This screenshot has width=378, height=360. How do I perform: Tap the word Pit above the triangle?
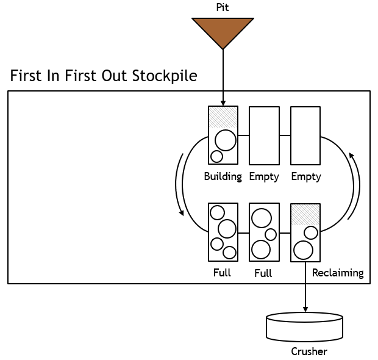pyautogui.click(x=223, y=7)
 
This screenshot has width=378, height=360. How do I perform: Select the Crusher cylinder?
pyautogui.click(x=305, y=328)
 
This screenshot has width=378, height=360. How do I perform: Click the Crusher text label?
pyautogui.click(x=309, y=351)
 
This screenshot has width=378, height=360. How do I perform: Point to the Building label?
pyautogui.click(x=223, y=177)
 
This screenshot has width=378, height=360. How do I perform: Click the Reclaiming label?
pyautogui.click(x=338, y=273)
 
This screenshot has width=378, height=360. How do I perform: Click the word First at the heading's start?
pyautogui.click(x=26, y=77)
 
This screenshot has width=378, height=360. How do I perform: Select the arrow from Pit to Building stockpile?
pyautogui.click(x=223, y=76)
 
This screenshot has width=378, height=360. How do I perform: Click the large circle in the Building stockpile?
pyautogui.click(x=226, y=140)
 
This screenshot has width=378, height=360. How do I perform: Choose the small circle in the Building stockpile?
pyautogui.click(x=216, y=156)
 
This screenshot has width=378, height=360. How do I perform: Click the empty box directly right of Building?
pyautogui.click(x=264, y=135)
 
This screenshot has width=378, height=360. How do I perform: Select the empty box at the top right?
pyautogui.click(x=305, y=135)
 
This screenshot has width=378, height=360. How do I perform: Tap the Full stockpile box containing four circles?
pyautogui.click(x=223, y=232)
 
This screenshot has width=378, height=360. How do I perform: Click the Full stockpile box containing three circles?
pyautogui.click(x=264, y=232)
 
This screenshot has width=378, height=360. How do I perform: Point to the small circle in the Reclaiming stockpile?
pyautogui.click(x=311, y=232)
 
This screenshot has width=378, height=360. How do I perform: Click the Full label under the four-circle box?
pyautogui.click(x=222, y=273)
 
